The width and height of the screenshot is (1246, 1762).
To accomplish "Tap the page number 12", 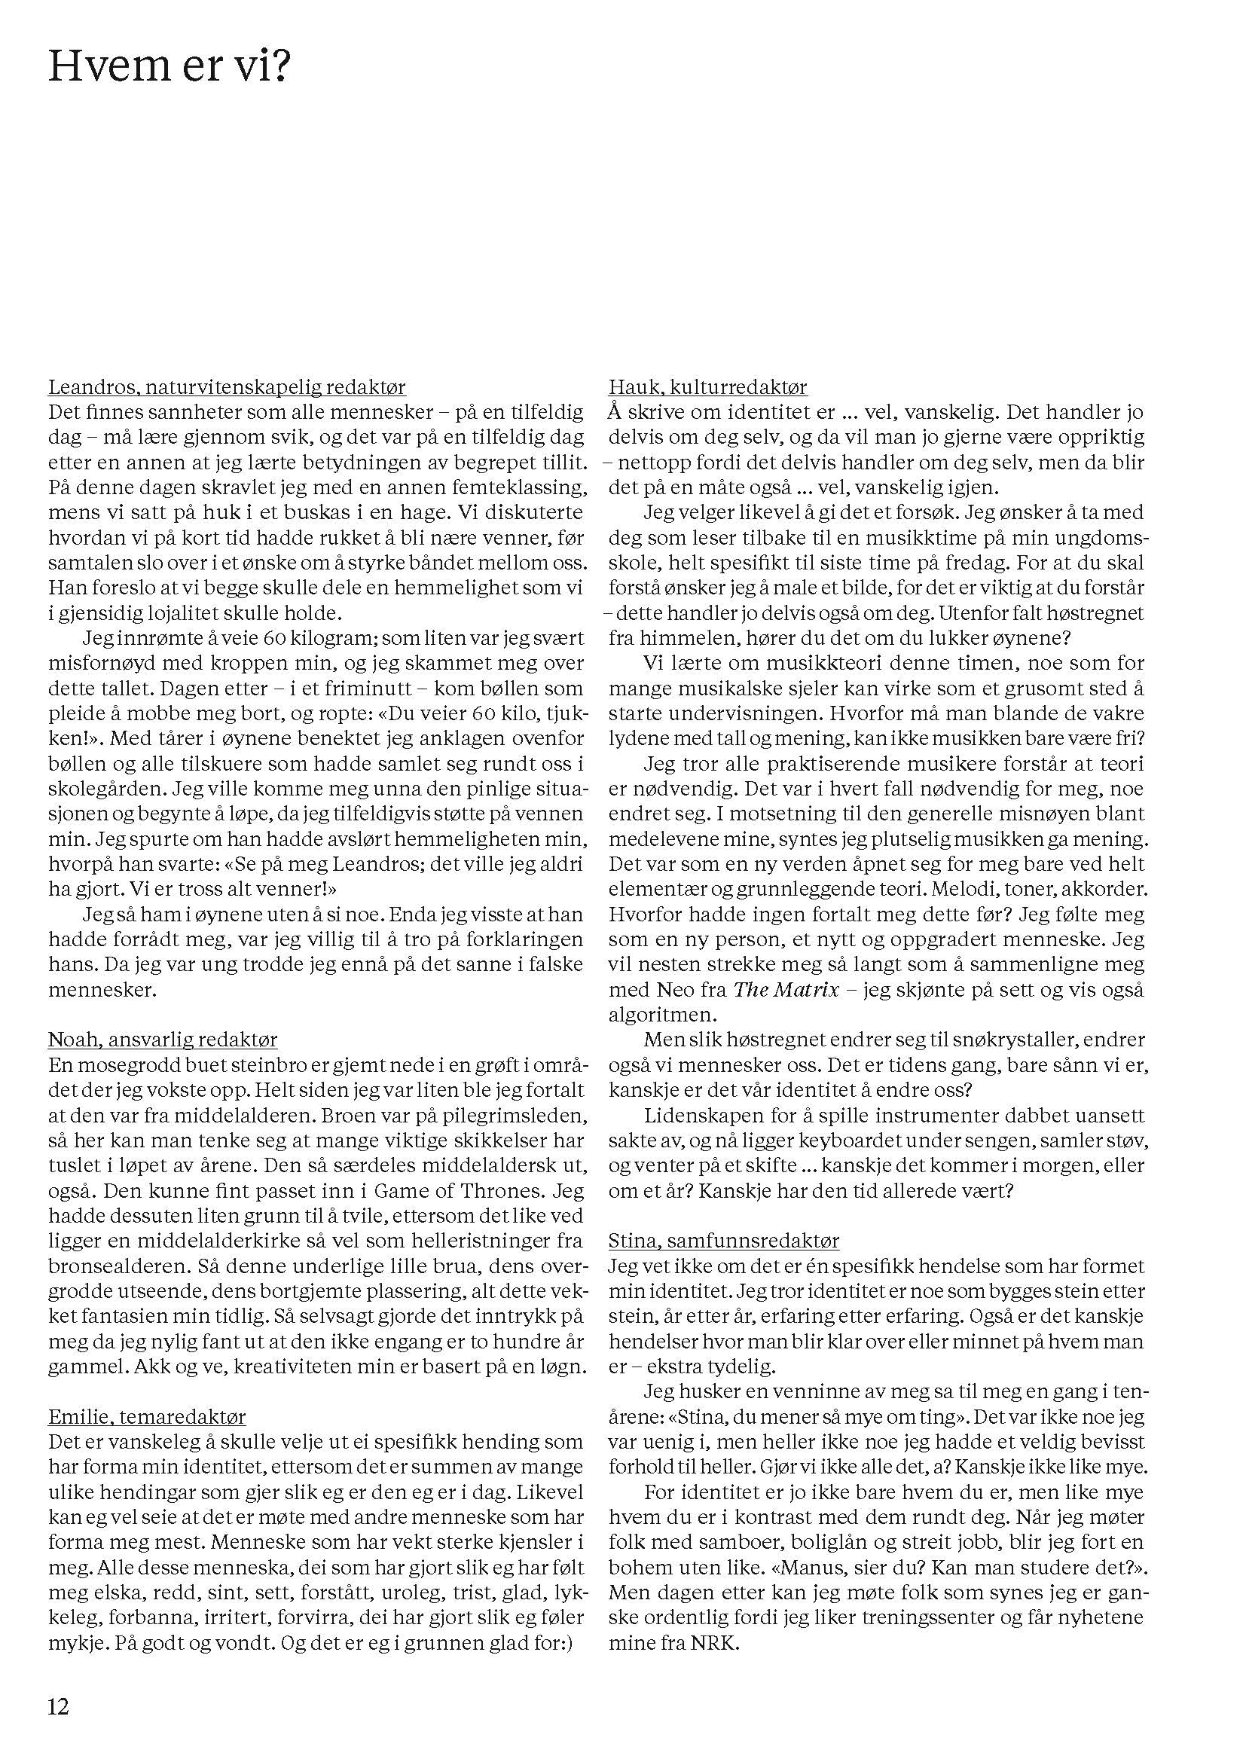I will (59, 1707).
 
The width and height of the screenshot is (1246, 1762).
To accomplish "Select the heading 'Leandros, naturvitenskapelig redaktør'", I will (227, 386).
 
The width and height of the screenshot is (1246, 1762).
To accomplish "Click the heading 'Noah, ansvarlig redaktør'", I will (163, 1040).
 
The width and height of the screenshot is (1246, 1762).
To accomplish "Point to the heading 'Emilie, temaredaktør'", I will (148, 1417).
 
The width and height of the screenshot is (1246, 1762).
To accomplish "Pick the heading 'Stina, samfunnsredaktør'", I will (723, 1241).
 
